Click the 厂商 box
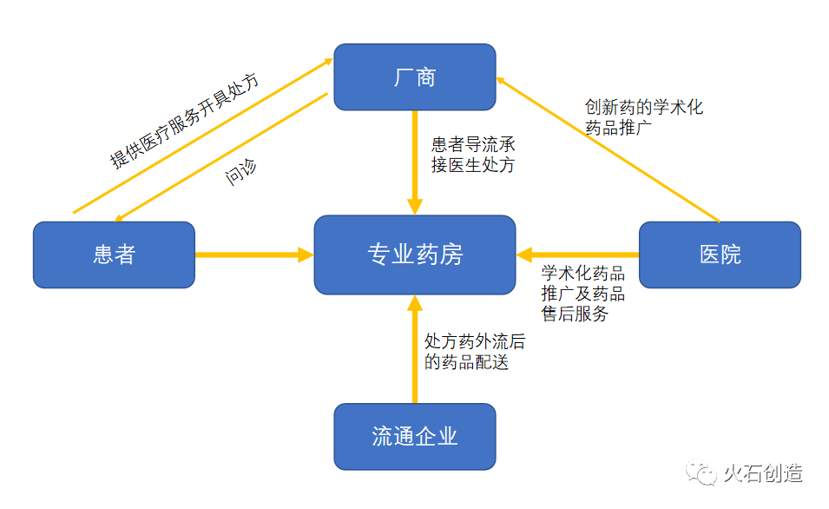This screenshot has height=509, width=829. coord(414,77)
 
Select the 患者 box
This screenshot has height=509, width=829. coord(114,254)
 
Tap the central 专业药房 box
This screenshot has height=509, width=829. coord(414,254)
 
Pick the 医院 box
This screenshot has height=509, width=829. coord(720,254)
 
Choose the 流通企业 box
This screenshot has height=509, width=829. coord(414,436)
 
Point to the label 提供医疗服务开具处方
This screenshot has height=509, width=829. coord(184,122)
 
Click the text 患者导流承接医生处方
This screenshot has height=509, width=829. coord(474,155)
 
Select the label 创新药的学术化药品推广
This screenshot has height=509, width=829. coord(643,117)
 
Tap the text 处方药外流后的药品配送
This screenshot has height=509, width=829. coord(474,352)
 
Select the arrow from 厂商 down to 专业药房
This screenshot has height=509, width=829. coord(415,161)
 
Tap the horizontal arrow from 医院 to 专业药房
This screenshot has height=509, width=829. coord(577,254)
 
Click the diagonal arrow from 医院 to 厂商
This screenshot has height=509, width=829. coord(608,149)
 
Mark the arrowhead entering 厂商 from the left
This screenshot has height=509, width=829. coord(328,61)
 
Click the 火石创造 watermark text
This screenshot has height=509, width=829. coord(763,473)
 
